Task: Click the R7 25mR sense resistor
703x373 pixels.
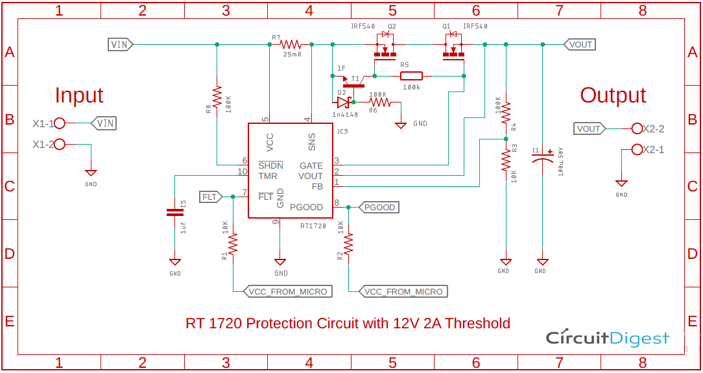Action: click(291, 45)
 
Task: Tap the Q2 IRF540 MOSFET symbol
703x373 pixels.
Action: click(385, 51)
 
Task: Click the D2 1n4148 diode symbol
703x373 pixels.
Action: click(344, 102)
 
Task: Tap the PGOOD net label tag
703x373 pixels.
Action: click(379, 208)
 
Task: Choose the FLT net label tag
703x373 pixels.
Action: click(210, 197)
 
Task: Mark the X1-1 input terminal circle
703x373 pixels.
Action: click(60, 123)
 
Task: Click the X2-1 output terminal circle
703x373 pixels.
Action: click(637, 150)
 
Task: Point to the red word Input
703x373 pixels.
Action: click(78, 95)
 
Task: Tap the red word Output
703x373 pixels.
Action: click(613, 95)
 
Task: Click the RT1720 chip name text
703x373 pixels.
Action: click(313, 226)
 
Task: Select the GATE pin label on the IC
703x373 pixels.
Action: click(311, 166)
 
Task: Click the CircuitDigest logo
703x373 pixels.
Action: click(607, 338)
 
